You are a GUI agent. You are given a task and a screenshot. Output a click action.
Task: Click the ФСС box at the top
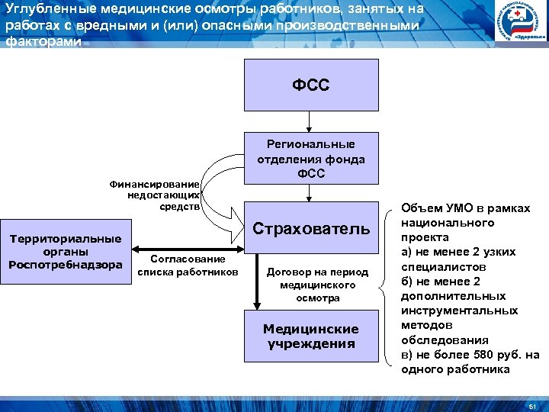click(310, 84)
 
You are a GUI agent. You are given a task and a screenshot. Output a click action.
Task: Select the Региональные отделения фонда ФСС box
click(310, 159)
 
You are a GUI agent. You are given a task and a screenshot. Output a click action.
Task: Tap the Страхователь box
click(310, 228)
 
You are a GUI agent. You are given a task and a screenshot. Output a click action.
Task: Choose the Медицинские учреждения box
click(310, 336)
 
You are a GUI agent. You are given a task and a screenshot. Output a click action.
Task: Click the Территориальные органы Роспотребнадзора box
click(65, 252)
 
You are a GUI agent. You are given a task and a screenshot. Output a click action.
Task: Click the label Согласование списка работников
click(188, 266)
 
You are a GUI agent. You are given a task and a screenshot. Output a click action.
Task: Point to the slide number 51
click(532, 404)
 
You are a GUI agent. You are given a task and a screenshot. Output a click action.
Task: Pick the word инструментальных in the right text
click(459, 311)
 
